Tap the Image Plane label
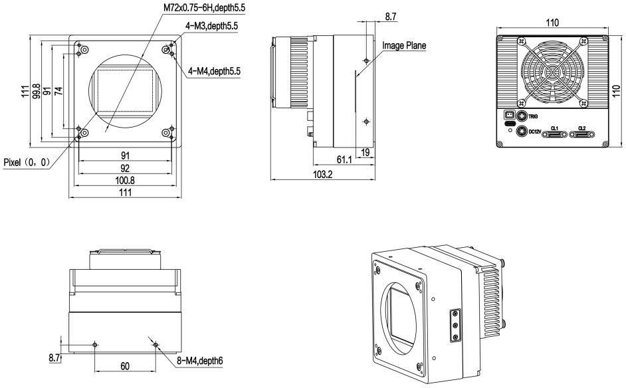pyautogui.click(x=404, y=46)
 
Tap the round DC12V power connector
pyautogui.click(x=522, y=132)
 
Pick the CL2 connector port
pyautogui.click(x=582, y=135)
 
